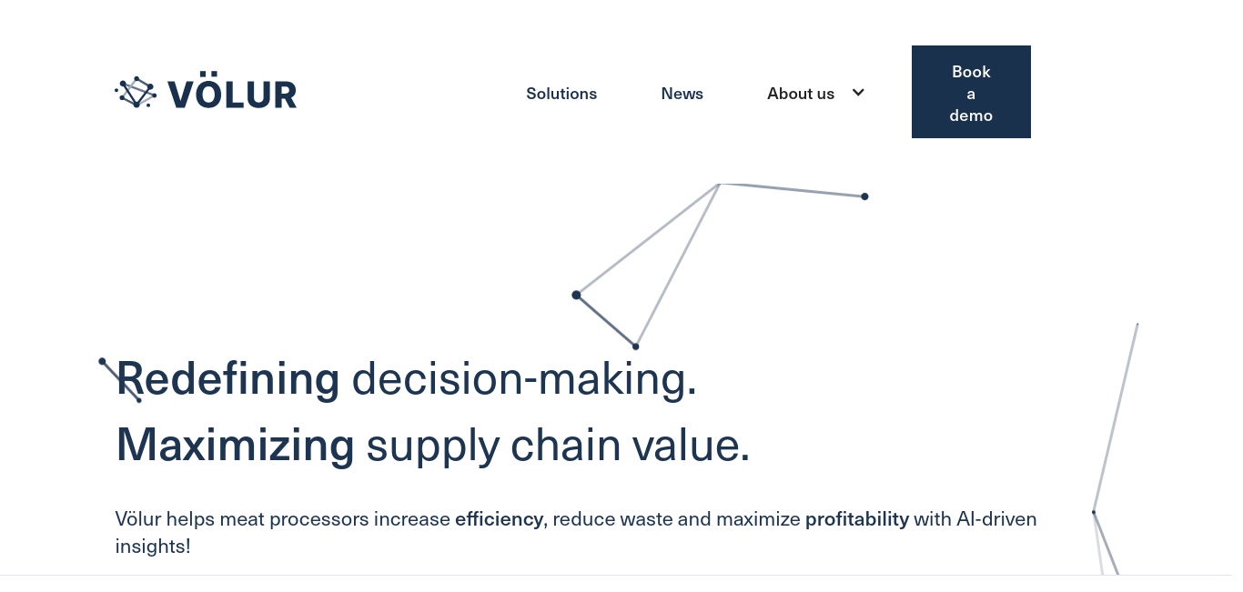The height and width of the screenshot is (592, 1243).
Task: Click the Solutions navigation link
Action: click(561, 94)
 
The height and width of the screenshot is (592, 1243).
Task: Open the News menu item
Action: click(682, 94)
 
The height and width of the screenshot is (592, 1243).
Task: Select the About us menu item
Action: click(801, 94)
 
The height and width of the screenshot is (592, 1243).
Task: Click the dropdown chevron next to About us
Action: click(858, 93)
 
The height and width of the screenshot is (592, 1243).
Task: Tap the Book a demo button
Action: click(971, 92)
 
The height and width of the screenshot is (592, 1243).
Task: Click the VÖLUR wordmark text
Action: click(232, 91)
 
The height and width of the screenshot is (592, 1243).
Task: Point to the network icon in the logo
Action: click(136, 92)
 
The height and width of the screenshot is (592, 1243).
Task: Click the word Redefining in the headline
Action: click(228, 379)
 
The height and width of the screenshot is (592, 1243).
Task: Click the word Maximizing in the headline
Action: click(236, 445)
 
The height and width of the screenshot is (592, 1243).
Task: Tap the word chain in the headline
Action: click(565, 445)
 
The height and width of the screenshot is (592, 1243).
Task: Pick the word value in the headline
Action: click(687, 445)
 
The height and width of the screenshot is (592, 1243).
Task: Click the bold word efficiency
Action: click(499, 519)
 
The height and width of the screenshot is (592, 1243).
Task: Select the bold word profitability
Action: click(857, 519)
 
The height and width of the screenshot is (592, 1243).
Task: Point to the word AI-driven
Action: click(996, 519)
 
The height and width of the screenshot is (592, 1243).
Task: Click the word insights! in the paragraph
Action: click(153, 547)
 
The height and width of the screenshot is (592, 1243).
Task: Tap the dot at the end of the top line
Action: click(864, 196)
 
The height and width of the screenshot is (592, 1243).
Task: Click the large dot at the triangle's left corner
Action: click(576, 295)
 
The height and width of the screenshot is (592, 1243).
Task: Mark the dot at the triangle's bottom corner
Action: click(636, 347)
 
